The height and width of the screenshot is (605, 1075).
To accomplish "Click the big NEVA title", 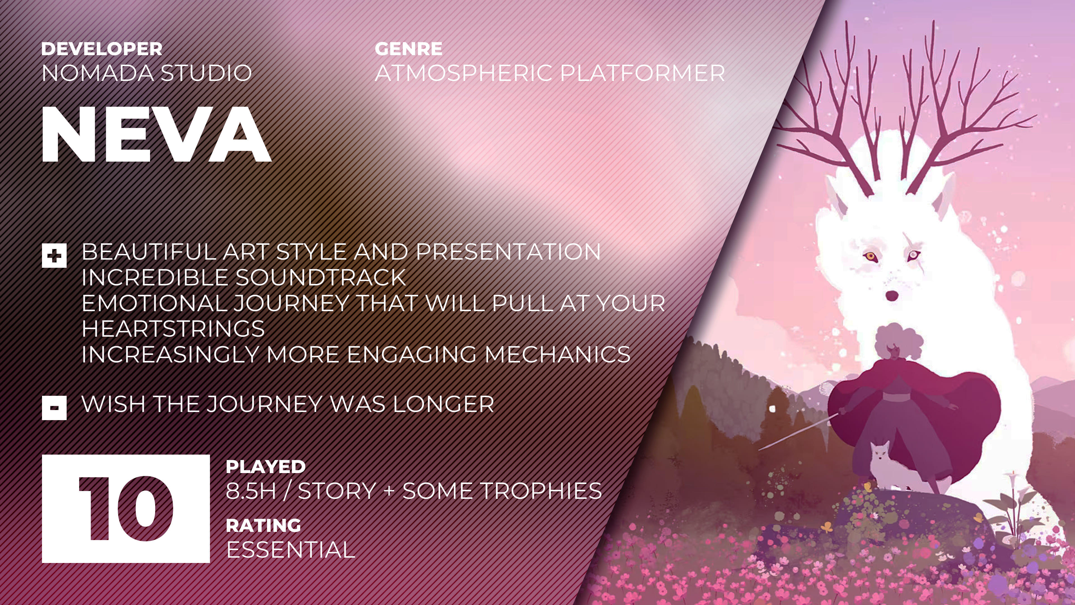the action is (156, 134).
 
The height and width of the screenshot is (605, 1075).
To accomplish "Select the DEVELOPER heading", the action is (102, 49).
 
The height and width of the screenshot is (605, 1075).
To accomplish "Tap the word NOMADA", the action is (98, 73).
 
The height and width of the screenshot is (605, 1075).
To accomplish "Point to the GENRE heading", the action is (408, 49).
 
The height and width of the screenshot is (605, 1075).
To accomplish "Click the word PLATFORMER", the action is (643, 73).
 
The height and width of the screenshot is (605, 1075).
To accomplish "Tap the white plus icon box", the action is (54, 255).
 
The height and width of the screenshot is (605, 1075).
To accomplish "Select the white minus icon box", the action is (54, 408).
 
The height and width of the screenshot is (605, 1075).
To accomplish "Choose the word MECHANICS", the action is (558, 355).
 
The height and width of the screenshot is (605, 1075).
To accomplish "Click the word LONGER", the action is (443, 404).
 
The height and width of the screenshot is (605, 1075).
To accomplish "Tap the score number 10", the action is (126, 509).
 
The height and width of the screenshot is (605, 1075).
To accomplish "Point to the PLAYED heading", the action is (265, 467).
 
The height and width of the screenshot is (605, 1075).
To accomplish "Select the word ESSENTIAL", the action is (291, 550).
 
